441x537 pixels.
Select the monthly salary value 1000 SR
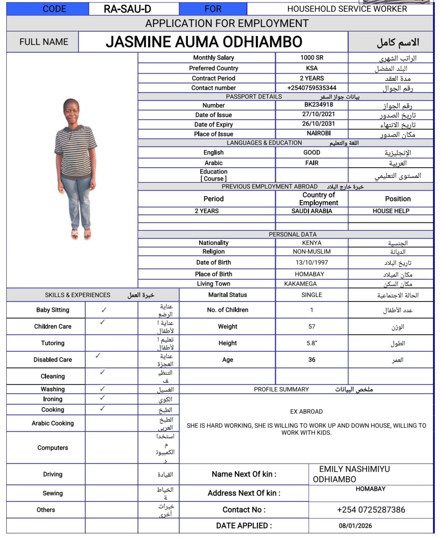click(312, 58)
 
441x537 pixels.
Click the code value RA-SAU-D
click(127, 9)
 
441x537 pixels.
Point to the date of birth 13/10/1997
click(312, 262)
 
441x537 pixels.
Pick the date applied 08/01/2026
click(355, 526)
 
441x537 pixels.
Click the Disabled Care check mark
click(98, 355)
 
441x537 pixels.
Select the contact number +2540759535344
click(312, 88)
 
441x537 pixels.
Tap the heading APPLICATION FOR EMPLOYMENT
click(227, 23)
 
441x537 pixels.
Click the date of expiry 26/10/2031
click(318, 124)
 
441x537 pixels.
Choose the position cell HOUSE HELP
click(391, 211)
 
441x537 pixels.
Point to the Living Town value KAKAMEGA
click(300, 284)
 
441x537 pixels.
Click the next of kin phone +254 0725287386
click(371, 510)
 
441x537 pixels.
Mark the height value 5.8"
click(312, 343)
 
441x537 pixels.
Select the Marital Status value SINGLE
click(312, 295)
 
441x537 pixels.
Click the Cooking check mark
click(102, 409)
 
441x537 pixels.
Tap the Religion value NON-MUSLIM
click(312, 252)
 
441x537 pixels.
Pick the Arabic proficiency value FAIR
click(312, 163)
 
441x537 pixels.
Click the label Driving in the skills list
click(52, 474)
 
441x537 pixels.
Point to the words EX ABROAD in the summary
click(306, 412)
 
